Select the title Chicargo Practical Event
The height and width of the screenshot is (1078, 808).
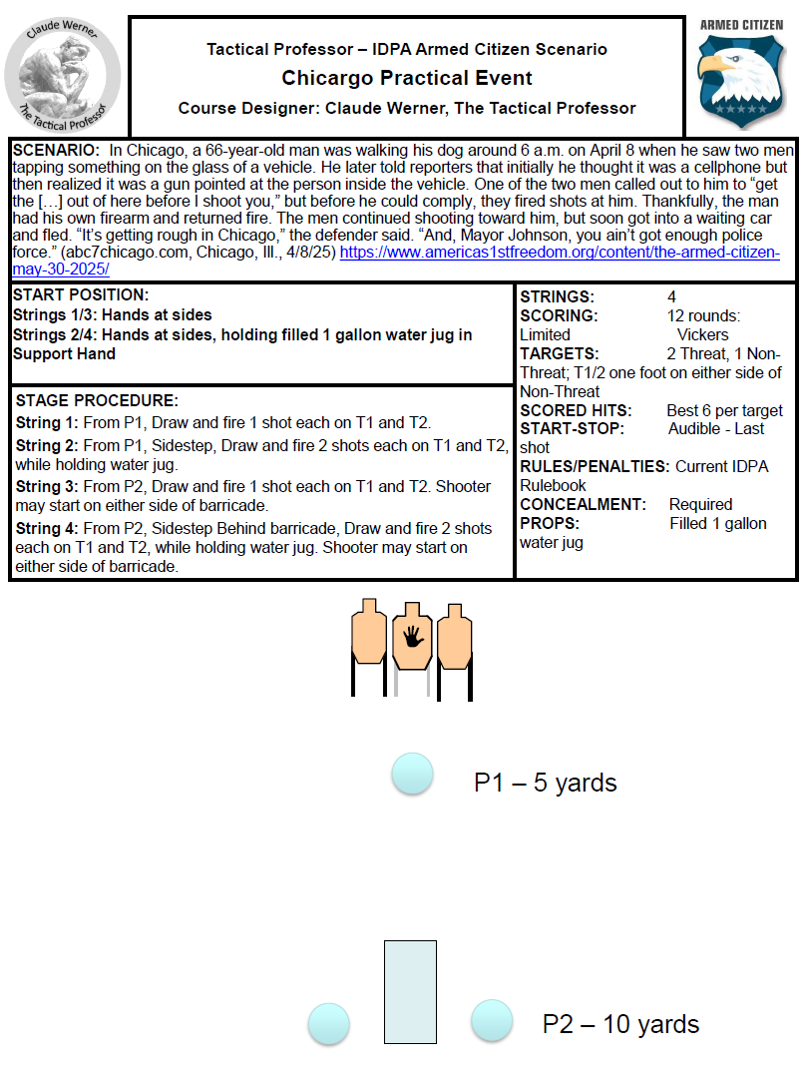tap(406, 78)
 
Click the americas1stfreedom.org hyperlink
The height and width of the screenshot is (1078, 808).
tap(560, 253)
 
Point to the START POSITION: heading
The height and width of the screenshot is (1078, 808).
tap(81, 295)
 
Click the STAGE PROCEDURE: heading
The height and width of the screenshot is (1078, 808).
tap(97, 400)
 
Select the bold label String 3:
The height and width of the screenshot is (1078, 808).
tap(47, 486)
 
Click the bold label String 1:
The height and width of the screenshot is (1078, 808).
tap(47, 422)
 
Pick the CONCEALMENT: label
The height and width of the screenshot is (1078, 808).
tap(584, 504)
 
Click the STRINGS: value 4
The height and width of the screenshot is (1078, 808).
tap(671, 296)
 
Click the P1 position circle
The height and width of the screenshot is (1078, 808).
tap(412, 774)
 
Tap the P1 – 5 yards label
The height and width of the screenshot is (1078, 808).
tap(545, 783)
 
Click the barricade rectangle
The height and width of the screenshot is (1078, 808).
tap(410, 991)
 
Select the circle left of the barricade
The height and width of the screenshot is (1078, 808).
tap(328, 1023)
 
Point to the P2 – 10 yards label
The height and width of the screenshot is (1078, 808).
tap(620, 1024)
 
